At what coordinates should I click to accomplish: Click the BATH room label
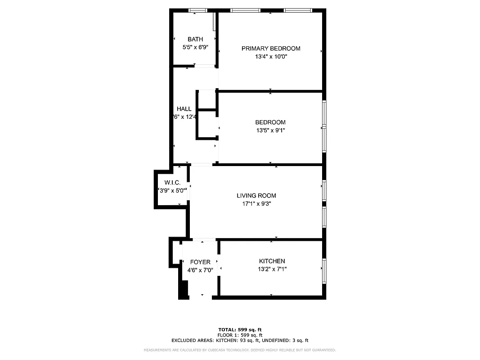point(195,39)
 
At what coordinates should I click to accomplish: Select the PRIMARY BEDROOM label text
point(271,49)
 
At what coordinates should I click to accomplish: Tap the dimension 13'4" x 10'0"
point(271,57)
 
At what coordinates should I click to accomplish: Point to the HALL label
point(184,109)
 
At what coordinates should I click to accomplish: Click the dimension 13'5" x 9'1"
point(270,130)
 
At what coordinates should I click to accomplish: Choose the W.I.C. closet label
point(172,182)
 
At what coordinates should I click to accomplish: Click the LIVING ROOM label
point(256,195)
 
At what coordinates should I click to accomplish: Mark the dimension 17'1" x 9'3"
point(256,203)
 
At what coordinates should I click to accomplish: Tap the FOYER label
point(200,262)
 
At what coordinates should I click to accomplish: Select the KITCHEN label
point(272,261)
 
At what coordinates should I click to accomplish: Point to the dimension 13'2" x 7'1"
point(272,269)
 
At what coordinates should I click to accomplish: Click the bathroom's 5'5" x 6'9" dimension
point(195,47)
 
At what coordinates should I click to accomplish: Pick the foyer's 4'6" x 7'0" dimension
point(200,270)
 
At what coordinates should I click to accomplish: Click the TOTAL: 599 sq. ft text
point(240,330)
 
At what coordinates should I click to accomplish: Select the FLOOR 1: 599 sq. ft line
point(240,335)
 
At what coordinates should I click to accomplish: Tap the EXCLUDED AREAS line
point(240,341)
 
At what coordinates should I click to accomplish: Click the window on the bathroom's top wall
point(197,10)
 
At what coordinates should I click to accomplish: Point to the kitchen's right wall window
point(324,271)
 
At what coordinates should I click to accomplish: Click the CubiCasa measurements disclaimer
point(240,350)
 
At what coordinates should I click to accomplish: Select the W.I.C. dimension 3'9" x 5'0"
point(173,190)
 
